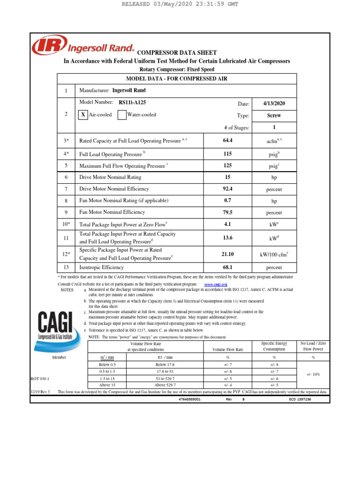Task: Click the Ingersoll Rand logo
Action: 83,47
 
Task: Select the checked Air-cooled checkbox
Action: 83,115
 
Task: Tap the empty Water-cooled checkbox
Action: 122,115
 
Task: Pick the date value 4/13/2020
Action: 274,104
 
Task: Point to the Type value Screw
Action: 274,115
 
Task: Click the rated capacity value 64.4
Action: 228,140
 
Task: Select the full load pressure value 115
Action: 228,153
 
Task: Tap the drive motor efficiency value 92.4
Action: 228,189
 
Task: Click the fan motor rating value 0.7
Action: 228,201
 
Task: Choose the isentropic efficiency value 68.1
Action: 228,267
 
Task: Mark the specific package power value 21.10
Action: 228,254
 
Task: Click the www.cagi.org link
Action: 216,285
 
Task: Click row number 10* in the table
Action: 66,225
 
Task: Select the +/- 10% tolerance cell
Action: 314,375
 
